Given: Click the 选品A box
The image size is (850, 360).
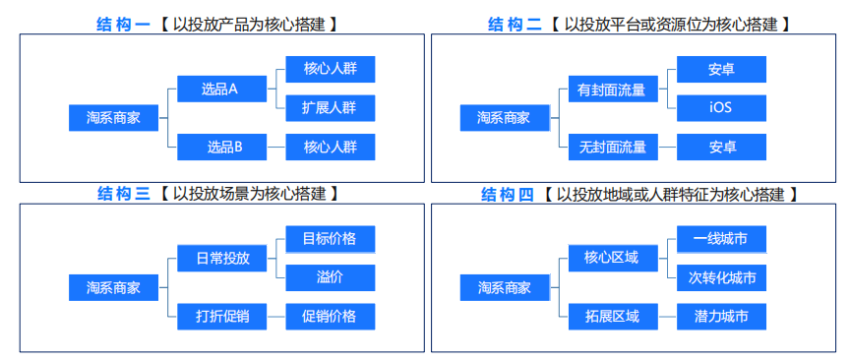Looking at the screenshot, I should point(221,89).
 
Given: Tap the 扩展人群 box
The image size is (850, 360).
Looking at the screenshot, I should point(330,108).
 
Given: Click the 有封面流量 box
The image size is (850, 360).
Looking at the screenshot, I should point(612,90).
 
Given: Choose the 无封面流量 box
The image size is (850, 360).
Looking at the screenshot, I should point(612,148).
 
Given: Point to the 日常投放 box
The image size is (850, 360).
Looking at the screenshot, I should point(221,259).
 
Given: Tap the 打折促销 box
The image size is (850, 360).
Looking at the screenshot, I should point(221,316).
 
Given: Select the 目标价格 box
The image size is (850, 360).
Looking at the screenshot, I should point(330,239).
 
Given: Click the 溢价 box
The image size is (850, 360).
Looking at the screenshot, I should point(330,277).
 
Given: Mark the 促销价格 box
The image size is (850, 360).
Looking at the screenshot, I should point(330,316).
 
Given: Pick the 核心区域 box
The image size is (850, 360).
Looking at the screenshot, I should point(612,259).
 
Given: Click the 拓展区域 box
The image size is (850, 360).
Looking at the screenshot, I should point(612,316).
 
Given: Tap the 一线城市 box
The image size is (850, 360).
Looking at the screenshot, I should point(721,239).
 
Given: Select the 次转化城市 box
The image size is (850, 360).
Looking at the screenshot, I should point(721,277).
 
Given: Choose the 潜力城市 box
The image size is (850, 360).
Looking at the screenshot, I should point(721,316).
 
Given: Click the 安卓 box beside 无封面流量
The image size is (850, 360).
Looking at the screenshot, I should point(721,148).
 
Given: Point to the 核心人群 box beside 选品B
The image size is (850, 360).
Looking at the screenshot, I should point(330,148).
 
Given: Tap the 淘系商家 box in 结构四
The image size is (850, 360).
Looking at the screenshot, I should point(504,288).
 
